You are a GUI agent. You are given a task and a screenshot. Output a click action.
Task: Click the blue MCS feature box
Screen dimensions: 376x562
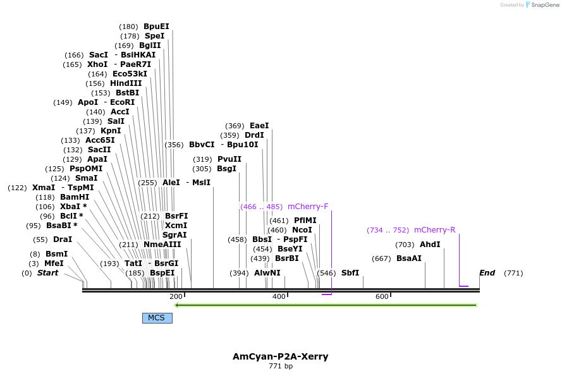coord(157,318)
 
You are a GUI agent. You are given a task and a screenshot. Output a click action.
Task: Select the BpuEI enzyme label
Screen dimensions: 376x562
coord(156,27)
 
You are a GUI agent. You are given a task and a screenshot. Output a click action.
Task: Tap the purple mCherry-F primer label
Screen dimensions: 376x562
coord(308,207)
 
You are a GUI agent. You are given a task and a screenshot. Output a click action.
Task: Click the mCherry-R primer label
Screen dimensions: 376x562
coord(434,230)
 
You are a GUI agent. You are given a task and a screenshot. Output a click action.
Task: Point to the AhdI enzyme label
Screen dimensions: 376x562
coord(430,245)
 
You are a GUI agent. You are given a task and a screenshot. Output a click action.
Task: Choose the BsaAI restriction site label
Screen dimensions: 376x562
coord(408,258)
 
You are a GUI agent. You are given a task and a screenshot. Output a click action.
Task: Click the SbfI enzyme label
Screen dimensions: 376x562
coord(350,273)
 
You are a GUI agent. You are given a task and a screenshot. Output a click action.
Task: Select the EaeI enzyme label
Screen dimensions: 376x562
coord(259,126)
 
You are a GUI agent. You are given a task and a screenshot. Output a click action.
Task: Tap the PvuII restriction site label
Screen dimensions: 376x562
coord(229,159)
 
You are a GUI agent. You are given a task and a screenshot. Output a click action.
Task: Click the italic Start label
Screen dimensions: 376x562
coord(47,273)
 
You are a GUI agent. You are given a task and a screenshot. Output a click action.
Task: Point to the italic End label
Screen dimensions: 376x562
coord(487,273)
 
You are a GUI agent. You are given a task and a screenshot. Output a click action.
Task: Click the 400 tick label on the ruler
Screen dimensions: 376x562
coord(279,297)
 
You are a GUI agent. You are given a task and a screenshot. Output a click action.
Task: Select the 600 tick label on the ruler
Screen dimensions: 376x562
coord(382,297)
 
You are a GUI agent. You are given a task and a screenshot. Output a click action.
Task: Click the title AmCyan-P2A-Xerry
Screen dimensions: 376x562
coord(280,356)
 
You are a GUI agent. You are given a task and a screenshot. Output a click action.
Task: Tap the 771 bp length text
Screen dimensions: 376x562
coord(280,367)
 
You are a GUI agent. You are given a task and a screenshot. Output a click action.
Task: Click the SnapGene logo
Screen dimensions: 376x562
coord(542,5)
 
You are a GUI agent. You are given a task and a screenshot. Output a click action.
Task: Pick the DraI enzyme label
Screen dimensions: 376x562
coord(62,240)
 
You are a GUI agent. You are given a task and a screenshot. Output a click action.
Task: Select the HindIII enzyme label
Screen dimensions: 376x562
coord(126,83)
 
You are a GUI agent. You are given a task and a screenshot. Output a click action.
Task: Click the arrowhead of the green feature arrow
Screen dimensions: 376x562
coord(178,305)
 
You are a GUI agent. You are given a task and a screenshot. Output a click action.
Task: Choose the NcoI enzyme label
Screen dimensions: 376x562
coord(302,230)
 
